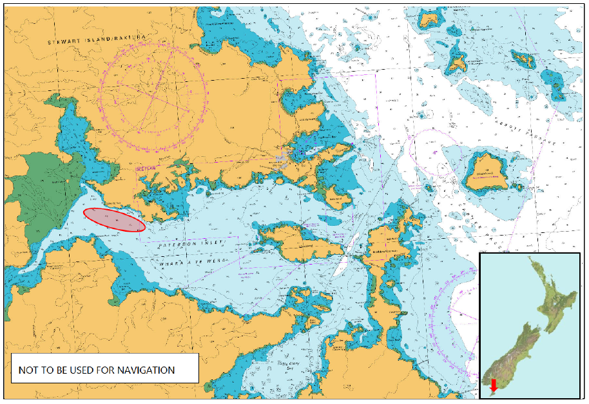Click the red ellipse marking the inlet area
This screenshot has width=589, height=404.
(x=115, y=220)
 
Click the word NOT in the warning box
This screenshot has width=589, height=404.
(x=28, y=370)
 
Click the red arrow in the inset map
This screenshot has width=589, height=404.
(x=494, y=385)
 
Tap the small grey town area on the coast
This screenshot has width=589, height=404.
(x=280, y=158)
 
